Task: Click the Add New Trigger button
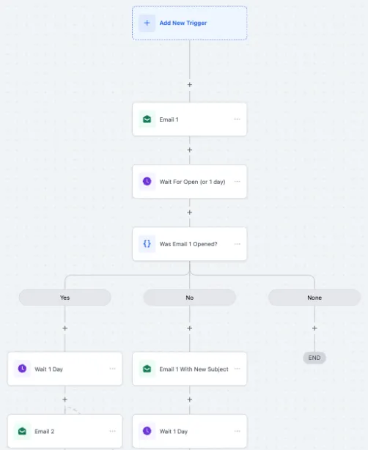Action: click(x=189, y=23)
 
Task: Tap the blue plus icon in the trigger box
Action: click(x=147, y=23)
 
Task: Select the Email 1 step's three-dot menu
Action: click(x=237, y=119)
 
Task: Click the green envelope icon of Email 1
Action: click(x=147, y=119)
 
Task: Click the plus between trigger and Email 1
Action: click(x=189, y=85)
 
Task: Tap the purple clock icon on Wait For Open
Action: click(x=147, y=181)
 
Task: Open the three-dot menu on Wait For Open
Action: click(x=237, y=181)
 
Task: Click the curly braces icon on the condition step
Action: click(x=147, y=244)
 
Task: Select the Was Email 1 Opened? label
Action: click(x=188, y=244)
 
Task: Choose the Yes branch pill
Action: click(x=65, y=298)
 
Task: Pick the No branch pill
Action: click(x=189, y=298)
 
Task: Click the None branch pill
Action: click(x=314, y=298)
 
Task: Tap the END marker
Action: click(x=314, y=358)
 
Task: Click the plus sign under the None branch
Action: click(x=314, y=328)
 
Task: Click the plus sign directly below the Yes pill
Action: click(x=65, y=328)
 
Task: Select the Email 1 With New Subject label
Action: click(x=194, y=369)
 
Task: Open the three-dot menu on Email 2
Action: click(x=112, y=431)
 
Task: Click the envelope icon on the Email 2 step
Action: click(x=22, y=431)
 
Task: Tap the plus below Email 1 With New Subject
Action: click(x=189, y=399)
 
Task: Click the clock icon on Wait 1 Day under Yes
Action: click(x=22, y=369)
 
